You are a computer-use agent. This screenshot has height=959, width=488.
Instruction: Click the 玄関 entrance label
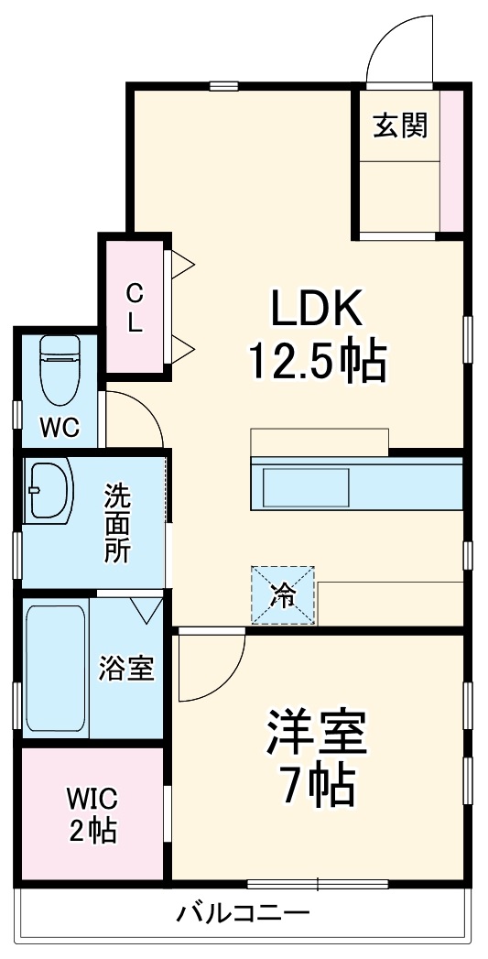[x=400, y=125]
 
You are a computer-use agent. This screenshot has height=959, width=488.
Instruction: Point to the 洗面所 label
[x=116, y=521]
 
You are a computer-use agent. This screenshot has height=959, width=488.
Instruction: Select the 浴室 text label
[x=126, y=668]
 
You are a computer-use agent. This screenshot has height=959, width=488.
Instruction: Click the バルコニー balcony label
[x=244, y=912]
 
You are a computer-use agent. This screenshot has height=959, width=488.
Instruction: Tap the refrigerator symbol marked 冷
[x=284, y=595]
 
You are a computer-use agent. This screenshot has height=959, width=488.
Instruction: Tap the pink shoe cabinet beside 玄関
[x=450, y=160]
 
